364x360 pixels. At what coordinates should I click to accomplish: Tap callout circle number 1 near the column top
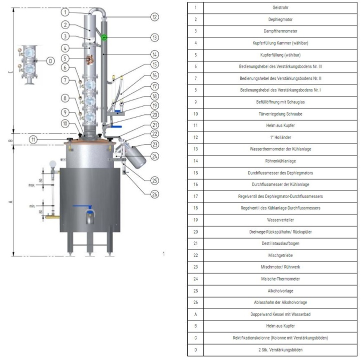(x=65, y=11)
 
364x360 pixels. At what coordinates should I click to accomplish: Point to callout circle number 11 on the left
(x=34, y=139)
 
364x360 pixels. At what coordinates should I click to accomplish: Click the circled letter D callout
(x=50, y=61)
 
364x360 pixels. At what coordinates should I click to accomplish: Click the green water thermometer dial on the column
(x=104, y=37)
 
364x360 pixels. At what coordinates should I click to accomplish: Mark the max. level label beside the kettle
(x=32, y=184)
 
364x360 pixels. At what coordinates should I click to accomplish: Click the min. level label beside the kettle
(x=32, y=205)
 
